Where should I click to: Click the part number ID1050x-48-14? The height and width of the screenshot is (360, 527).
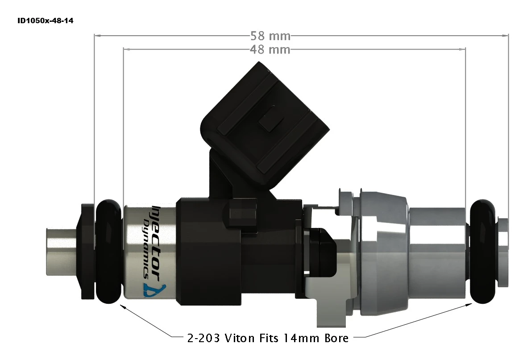(45, 21)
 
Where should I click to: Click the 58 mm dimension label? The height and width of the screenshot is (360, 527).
(270, 35)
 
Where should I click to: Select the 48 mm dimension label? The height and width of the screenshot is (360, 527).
(270, 49)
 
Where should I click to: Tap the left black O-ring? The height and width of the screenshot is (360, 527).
(109, 251)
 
